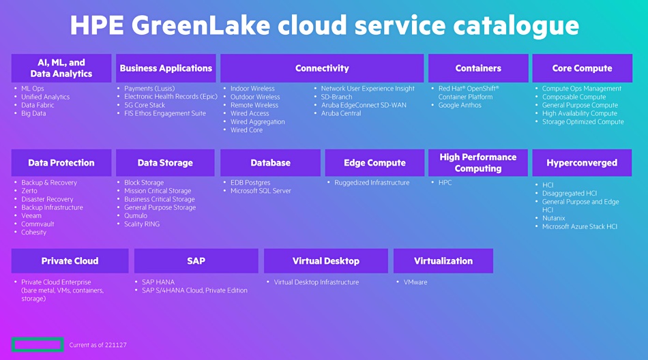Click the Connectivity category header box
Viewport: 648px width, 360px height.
pos(322,68)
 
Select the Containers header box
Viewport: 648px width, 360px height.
pos(478,68)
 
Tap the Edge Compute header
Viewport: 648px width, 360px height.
pos(375,163)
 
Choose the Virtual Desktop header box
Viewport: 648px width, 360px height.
pos(326,261)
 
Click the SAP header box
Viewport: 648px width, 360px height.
pos(196,261)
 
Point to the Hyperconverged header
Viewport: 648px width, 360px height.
pos(582,163)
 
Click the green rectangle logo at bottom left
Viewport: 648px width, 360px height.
pos(38,345)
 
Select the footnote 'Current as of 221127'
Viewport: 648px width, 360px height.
pos(98,345)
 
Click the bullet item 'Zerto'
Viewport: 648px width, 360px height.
pos(29,191)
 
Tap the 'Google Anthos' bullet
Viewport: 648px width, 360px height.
pos(460,106)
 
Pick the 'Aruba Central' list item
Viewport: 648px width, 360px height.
pos(341,114)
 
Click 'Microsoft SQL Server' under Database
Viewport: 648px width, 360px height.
pos(261,191)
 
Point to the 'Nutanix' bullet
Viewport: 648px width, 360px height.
pos(553,218)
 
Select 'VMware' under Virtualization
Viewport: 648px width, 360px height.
pos(415,282)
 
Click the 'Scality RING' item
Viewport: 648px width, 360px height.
pos(142,224)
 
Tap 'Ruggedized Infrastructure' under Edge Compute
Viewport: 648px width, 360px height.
pos(372,183)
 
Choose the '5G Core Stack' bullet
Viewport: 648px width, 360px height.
pos(145,106)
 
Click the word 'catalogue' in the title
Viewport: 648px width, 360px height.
pos(516,26)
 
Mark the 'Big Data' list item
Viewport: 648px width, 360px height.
pos(33,114)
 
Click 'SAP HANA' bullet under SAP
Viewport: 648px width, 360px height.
pos(158,282)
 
